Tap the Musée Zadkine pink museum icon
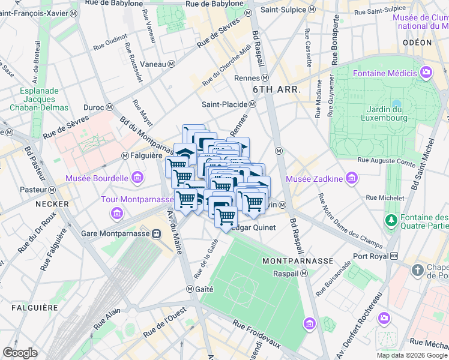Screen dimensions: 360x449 coord(352,178)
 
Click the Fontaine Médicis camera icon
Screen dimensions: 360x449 coord(426,73)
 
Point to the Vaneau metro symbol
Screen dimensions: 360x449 coord(172,64)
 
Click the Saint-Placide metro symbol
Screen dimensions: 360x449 coord(253,104)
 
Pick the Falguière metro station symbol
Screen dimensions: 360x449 coord(125,155)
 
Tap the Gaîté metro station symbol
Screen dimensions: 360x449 coord(197,289)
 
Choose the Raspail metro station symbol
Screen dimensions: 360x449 coord(304,273)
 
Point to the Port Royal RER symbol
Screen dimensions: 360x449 coord(394,256)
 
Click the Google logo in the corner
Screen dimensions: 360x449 coord(20,353)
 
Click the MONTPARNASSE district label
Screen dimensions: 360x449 coord(297,261)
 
